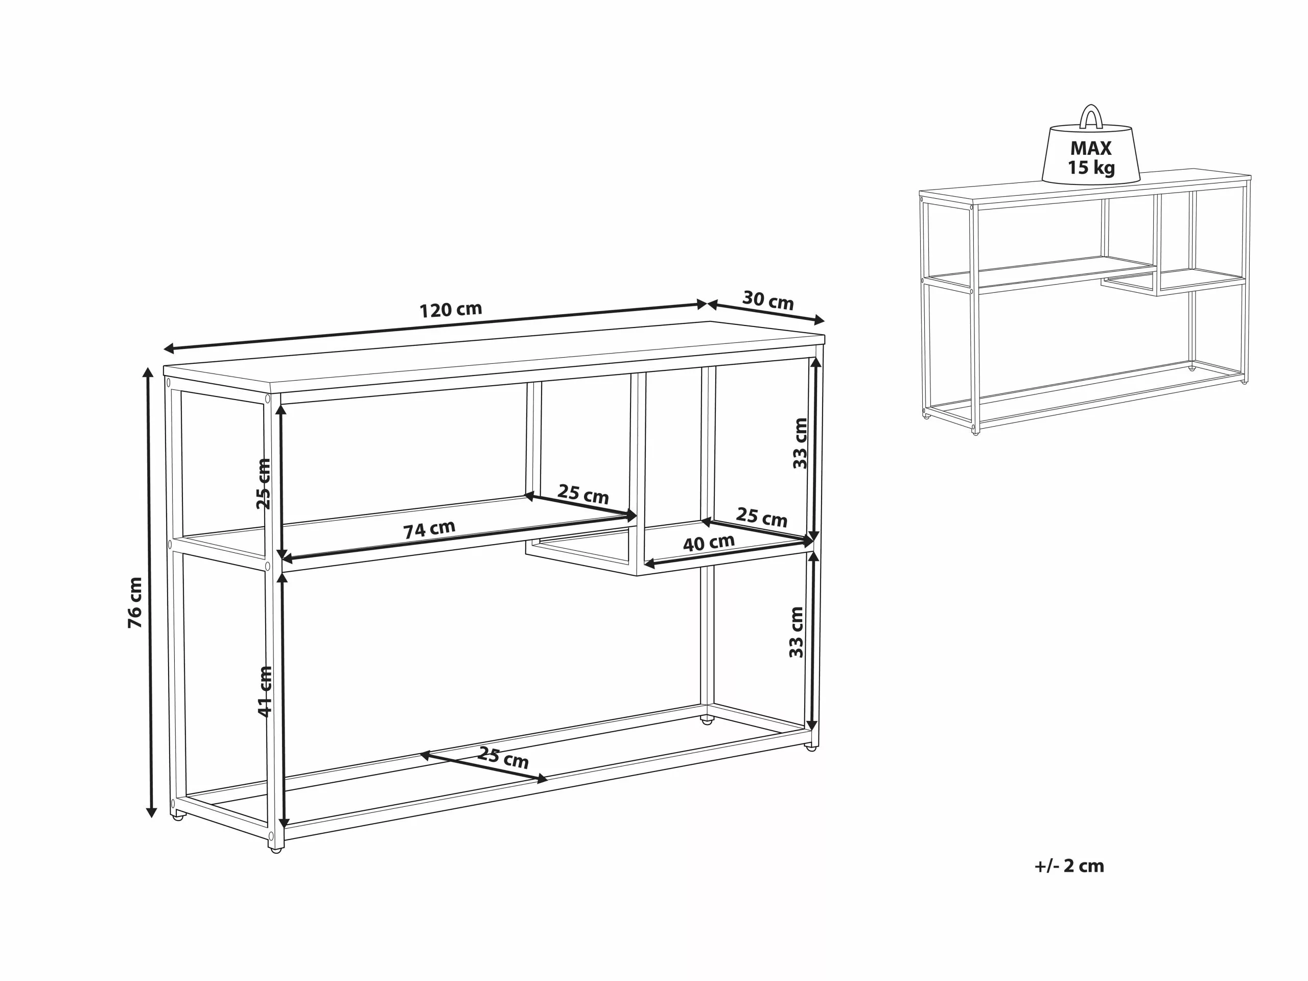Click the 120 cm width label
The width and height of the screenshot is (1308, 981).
click(451, 309)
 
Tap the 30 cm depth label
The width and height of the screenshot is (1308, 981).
click(767, 300)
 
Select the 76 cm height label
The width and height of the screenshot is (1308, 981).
click(135, 602)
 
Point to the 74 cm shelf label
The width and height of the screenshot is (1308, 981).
click(429, 529)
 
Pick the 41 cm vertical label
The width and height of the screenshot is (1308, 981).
click(265, 691)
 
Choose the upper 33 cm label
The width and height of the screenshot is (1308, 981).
click(800, 443)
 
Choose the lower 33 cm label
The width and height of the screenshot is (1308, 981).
click(797, 632)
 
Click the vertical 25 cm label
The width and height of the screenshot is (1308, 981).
click(263, 484)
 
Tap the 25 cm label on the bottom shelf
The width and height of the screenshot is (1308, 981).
click(503, 758)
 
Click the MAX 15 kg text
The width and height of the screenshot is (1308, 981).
click(1090, 157)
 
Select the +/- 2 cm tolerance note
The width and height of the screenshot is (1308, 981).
click(1069, 866)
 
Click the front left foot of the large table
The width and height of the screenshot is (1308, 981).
click(275, 849)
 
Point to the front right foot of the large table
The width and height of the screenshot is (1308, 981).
click(811, 749)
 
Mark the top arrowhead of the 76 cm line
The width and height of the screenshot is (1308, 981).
click(148, 372)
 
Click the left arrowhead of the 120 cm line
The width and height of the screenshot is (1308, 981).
click(169, 348)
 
